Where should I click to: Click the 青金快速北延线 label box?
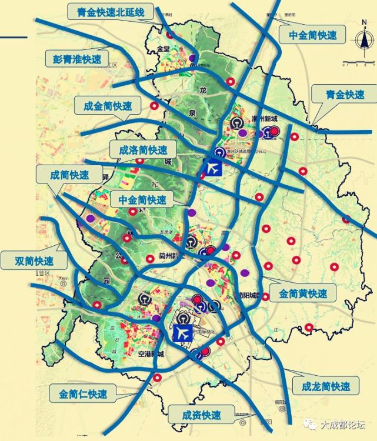(x=110, y=12)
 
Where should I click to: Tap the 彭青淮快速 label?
(x=73, y=59)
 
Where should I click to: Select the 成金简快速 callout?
(x=108, y=106)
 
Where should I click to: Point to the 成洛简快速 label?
(x=144, y=150)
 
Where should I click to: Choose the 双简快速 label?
(x=35, y=260)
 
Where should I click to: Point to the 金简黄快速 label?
(x=303, y=292)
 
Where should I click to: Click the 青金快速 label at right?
(x=346, y=94)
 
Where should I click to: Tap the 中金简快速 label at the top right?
(x=313, y=35)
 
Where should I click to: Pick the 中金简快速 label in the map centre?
(x=142, y=200)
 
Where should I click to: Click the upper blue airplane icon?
(x=212, y=166)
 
